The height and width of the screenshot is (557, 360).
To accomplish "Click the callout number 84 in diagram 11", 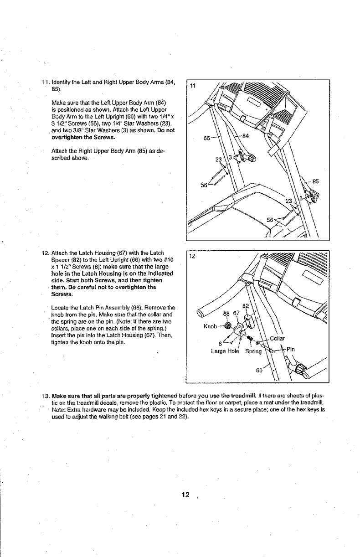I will pyautogui.click(x=246, y=135).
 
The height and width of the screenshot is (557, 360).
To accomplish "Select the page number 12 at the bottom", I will pyautogui.click(x=185, y=495).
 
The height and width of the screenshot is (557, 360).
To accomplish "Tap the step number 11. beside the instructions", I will pyautogui.click(x=46, y=82).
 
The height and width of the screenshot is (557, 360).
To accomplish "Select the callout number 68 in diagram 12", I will pyautogui.click(x=226, y=313).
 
